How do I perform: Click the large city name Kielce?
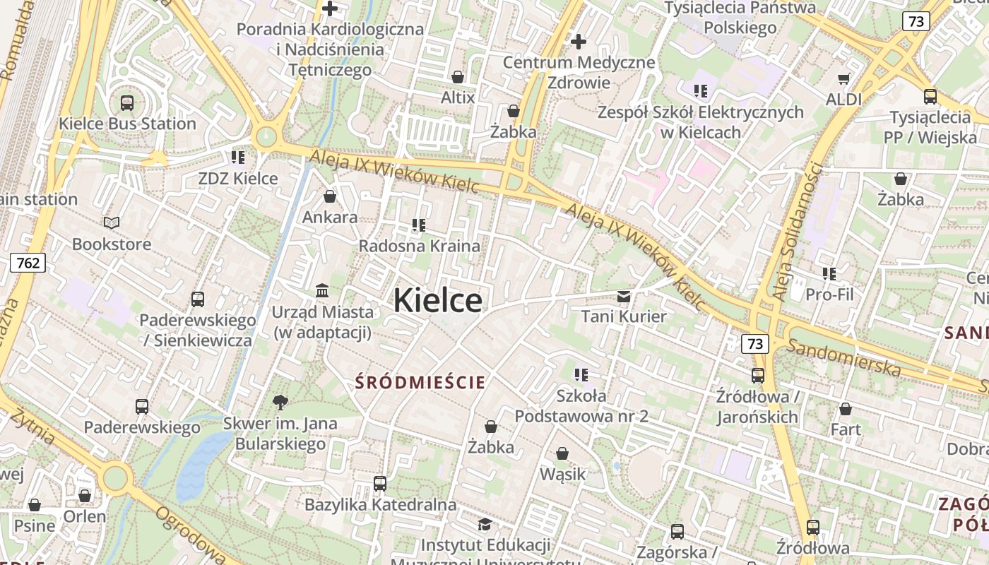[x=438, y=301]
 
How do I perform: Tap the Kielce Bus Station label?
[x=127, y=124]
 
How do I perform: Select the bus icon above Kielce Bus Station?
[x=127, y=102]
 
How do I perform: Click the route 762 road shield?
[x=28, y=263]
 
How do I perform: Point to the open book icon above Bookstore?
[x=112, y=223]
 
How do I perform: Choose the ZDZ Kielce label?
[x=238, y=178]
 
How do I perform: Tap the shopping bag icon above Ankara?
[x=330, y=196]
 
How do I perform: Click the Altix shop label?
[x=458, y=97]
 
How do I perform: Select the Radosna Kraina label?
[x=420, y=246]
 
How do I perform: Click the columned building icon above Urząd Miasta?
[x=323, y=290]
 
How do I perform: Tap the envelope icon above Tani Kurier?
[x=624, y=296]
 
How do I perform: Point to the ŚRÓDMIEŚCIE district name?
[x=420, y=383]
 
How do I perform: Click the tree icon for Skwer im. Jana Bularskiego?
[x=280, y=403]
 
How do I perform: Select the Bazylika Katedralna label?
[x=381, y=505]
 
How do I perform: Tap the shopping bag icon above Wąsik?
[x=562, y=453]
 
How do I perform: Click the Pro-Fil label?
[x=829, y=294]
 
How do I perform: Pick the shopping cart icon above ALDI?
[x=844, y=78]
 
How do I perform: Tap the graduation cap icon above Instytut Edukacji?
[x=485, y=524]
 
